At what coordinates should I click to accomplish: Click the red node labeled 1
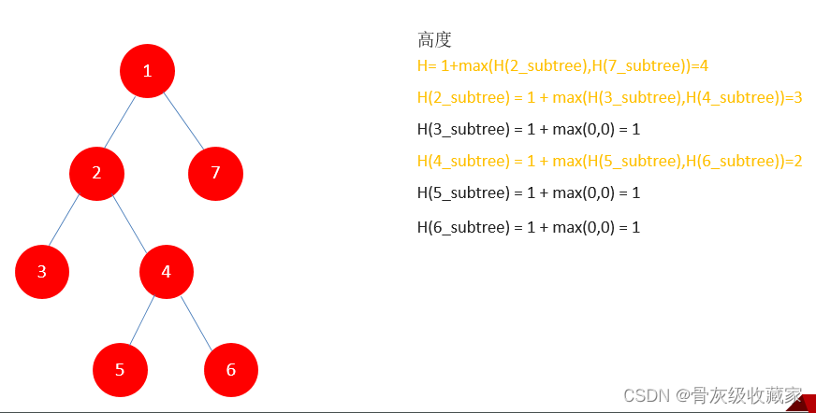click(147, 71)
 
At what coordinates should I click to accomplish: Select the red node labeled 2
click(96, 172)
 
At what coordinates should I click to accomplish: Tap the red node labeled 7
click(215, 173)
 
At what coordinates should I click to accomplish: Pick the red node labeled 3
click(42, 272)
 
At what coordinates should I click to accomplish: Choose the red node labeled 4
click(167, 272)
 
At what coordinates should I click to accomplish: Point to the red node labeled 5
click(120, 369)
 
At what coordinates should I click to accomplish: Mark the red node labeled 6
click(231, 369)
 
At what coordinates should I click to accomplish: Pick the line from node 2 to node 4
click(131, 222)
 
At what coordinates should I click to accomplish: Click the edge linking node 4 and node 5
click(143, 320)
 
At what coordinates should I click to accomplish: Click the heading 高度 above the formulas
click(434, 39)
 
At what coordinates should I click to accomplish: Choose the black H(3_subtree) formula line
click(529, 129)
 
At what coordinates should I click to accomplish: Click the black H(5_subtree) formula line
click(529, 192)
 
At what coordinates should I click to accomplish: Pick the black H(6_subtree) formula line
click(529, 227)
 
